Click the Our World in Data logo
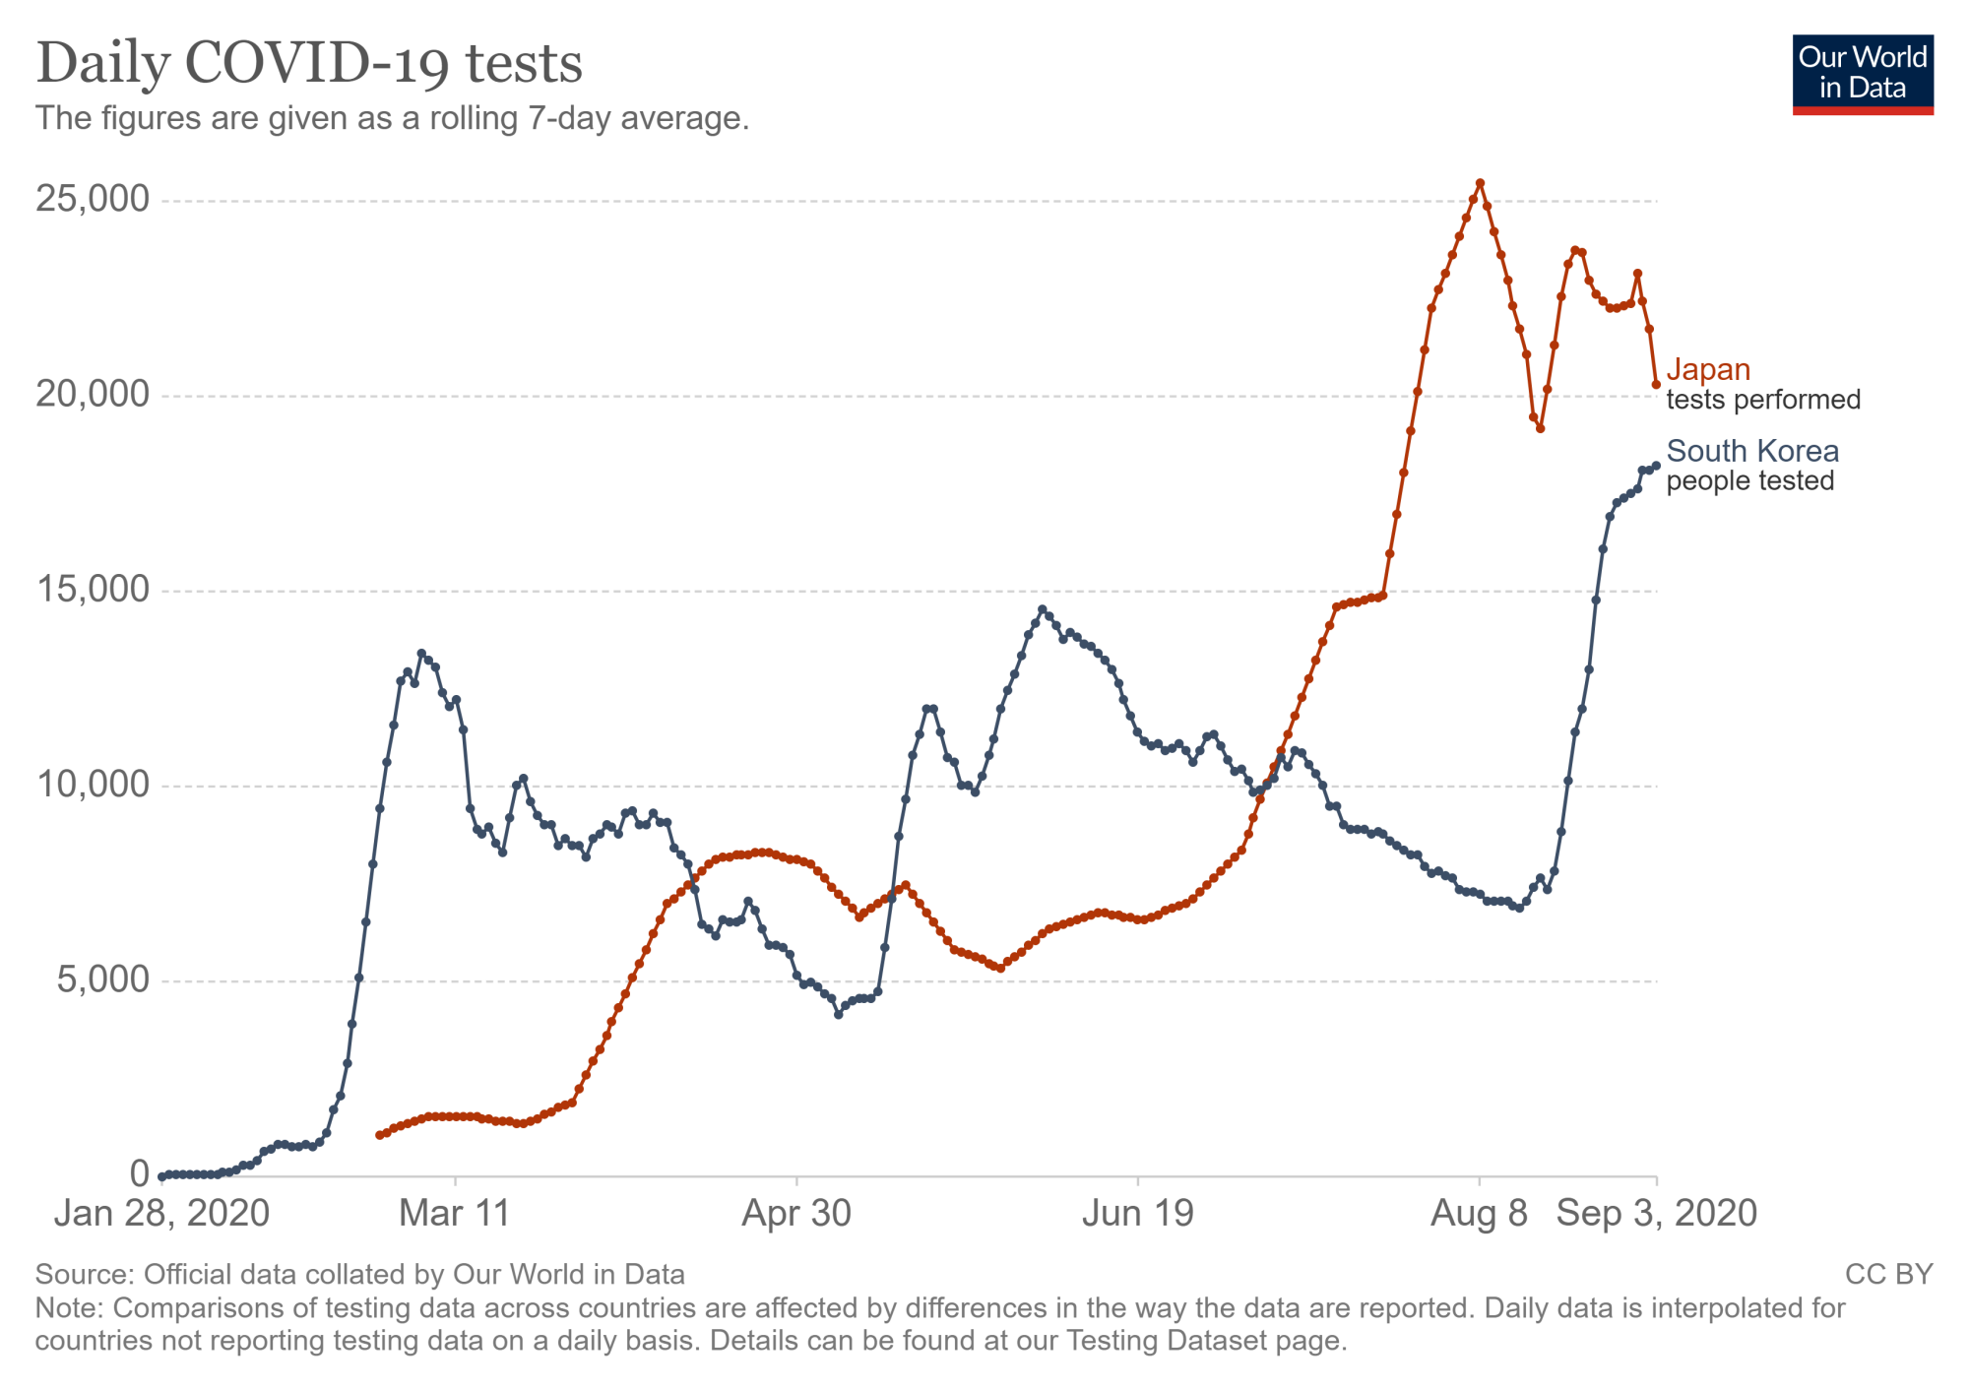pyautogui.click(x=1863, y=75)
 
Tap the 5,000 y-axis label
pyautogui.click(x=102, y=980)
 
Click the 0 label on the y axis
pyautogui.click(x=140, y=1174)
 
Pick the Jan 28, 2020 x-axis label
pyautogui.click(x=161, y=1214)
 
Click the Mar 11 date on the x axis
pyautogui.click(x=455, y=1214)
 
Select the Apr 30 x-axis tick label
pyautogui.click(x=795, y=1214)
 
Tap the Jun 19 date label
pyautogui.click(x=1138, y=1214)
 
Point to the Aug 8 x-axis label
pyautogui.click(x=1479, y=1214)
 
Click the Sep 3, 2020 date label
pyautogui.click(x=1656, y=1214)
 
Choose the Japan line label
pyautogui.click(x=1708, y=370)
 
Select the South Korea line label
pyautogui.click(x=1752, y=452)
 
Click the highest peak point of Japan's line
pyautogui.click(x=1480, y=183)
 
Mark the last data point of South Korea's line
pyautogui.click(x=1656, y=466)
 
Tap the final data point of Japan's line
pyautogui.click(x=1656, y=385)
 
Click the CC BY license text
pyautogui.click(x=1888, y=1275)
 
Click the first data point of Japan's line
pyautogui.click(x=380, y=1135)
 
